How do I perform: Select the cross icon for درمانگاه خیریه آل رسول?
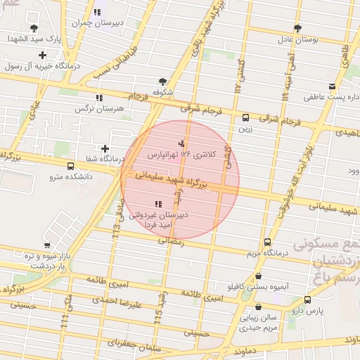43,55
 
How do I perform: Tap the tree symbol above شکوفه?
163,82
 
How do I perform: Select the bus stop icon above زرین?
245,117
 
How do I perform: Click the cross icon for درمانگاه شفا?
105,148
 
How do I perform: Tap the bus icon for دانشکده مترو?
70,166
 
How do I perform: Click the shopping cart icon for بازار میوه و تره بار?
46,246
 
